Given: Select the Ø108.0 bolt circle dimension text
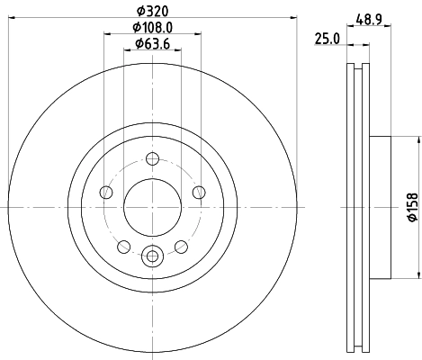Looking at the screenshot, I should [x=151, y=27].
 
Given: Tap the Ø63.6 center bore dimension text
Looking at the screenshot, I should [x=149, y=43].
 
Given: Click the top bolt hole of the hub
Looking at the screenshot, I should [x=151, y=160].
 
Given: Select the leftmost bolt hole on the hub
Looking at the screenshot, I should [x=107, y=192].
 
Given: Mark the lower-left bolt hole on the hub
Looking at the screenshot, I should [x=123, y=246].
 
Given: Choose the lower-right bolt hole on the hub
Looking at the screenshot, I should [x=179, y=246].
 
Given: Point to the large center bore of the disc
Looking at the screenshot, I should [x=151, y=207].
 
